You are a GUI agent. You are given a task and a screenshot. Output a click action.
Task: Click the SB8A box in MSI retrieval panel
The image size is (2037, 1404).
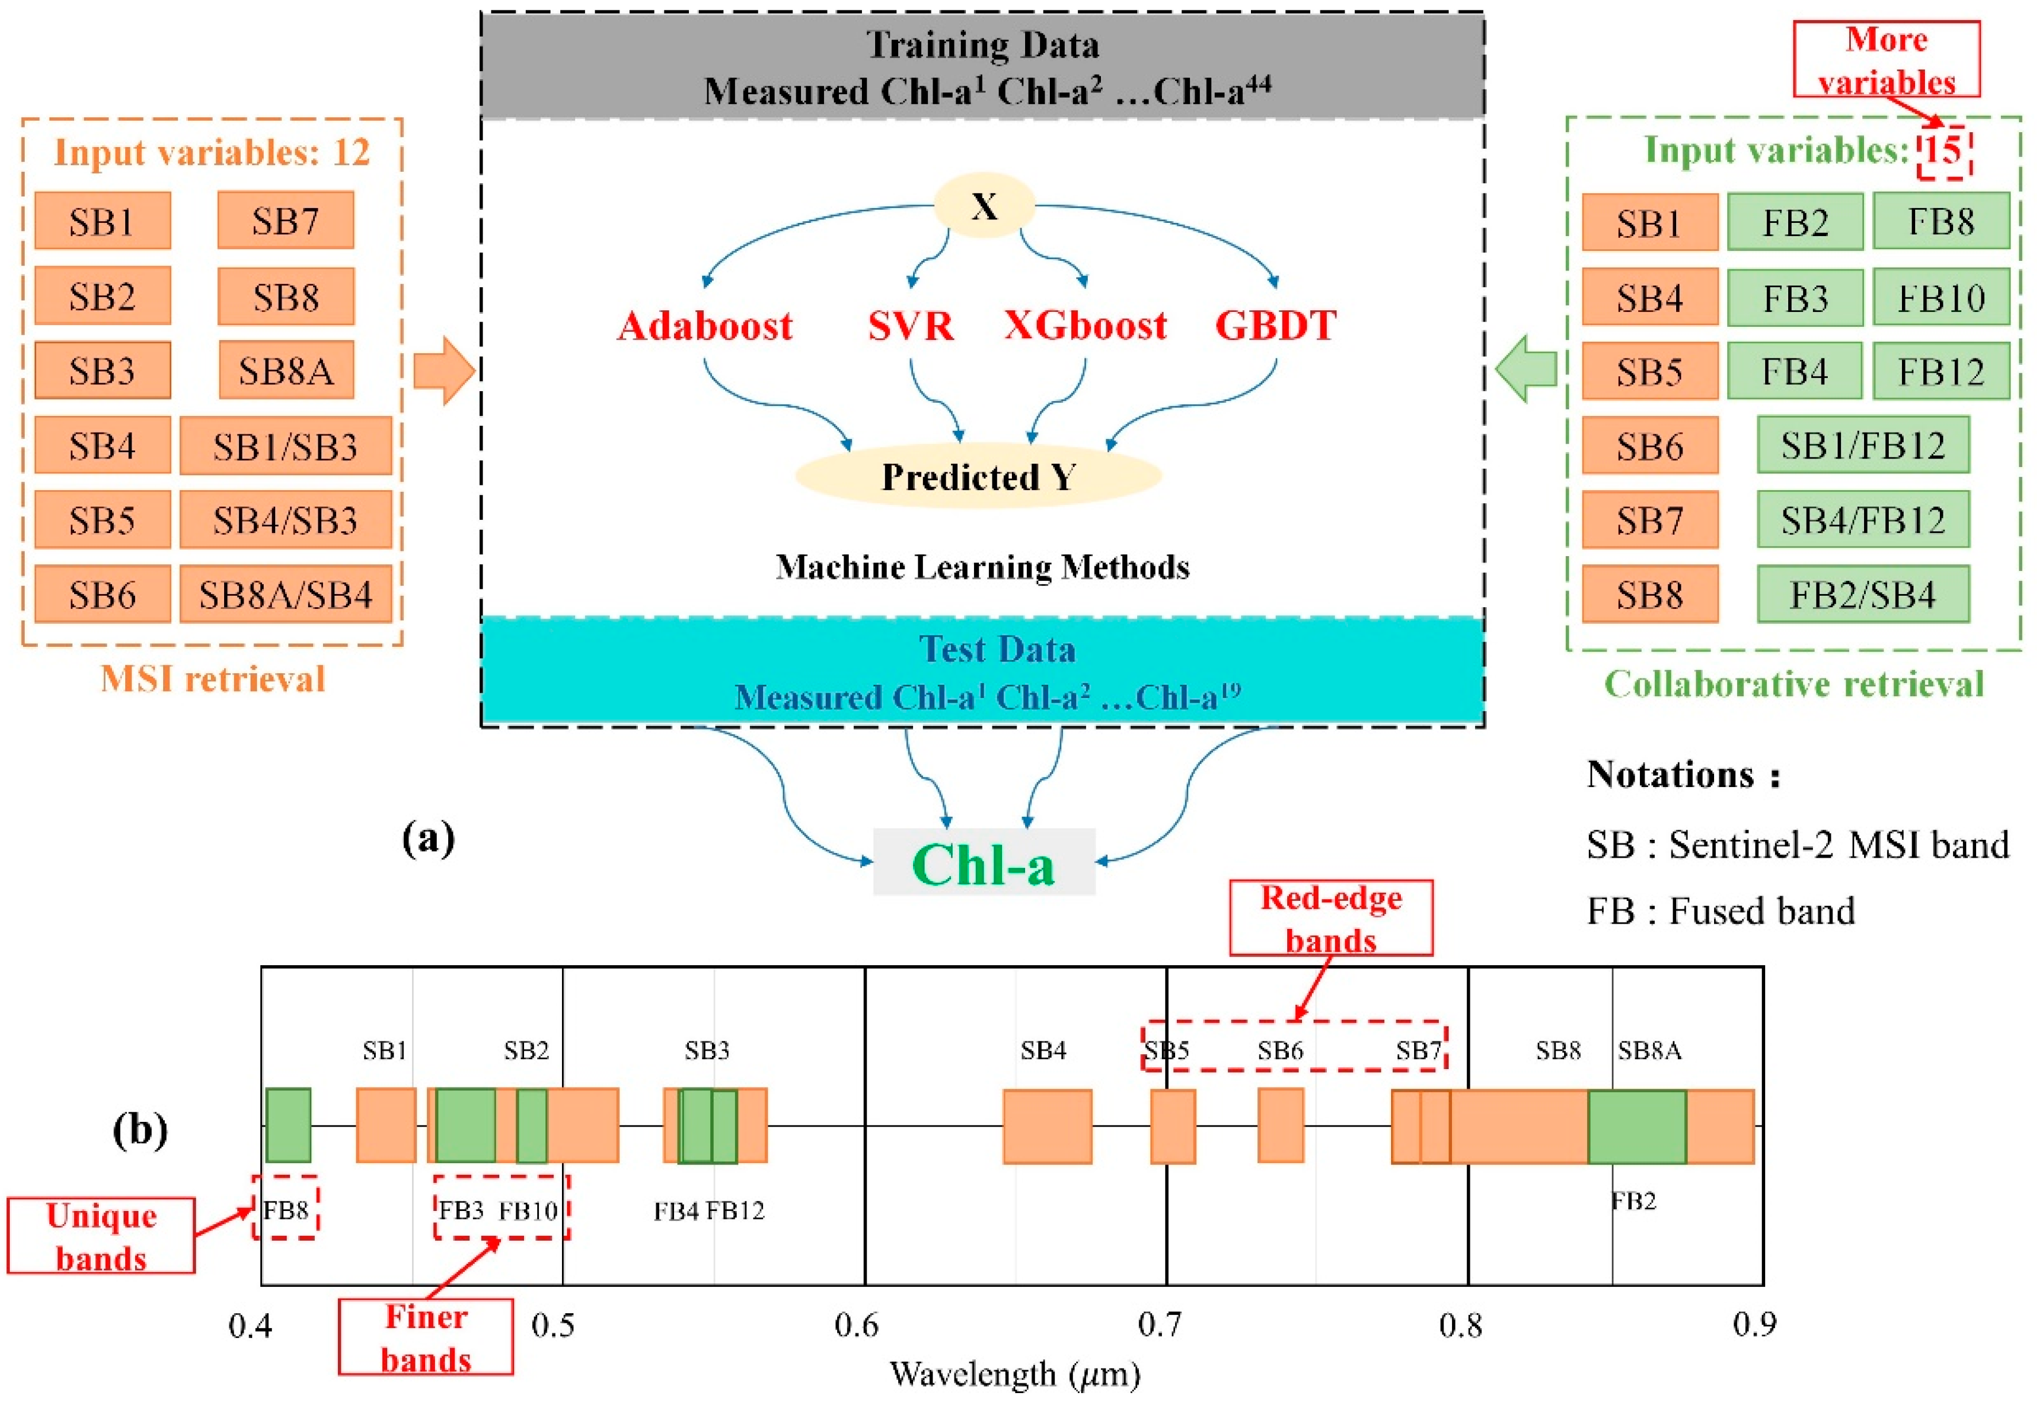[286, 371]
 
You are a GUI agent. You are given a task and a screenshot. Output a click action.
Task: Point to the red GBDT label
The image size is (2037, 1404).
[1275, 326]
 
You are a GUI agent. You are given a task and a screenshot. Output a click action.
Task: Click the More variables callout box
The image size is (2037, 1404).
[1886, 60]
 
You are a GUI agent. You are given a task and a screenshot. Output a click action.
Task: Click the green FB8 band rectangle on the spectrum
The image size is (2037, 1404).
[288, 1125]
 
